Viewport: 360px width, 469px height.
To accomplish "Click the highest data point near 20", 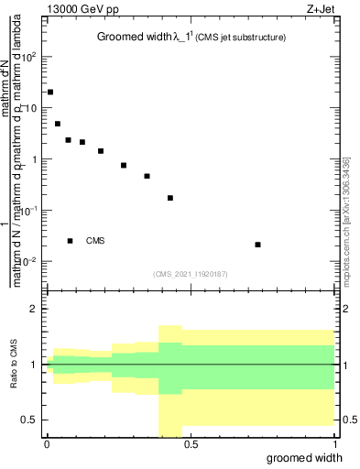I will (50, 93).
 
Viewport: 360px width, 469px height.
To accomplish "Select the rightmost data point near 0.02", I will (258, 245).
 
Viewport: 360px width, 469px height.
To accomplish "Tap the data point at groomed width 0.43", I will (170, 198).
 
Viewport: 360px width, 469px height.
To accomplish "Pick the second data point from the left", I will (58, 124).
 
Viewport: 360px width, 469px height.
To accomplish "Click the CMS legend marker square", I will (71, 241).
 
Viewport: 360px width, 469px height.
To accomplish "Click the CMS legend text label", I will (95, 241).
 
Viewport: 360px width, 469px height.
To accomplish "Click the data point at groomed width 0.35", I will (147, 176).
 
